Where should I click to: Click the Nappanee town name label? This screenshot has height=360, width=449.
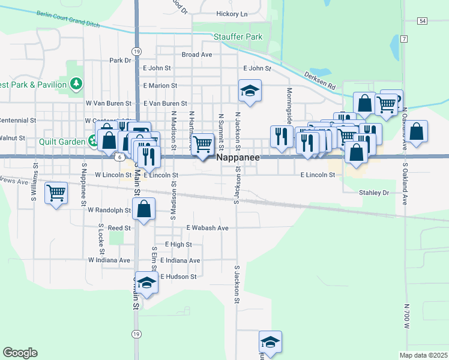(238, 157)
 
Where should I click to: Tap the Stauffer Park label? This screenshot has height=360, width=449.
(238, 37)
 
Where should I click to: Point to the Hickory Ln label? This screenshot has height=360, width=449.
(231, 14)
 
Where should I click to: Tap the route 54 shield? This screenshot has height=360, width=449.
(423, 21)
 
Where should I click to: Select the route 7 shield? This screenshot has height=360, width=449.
(405, 39)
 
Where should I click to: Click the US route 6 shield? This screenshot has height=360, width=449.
(120, 157)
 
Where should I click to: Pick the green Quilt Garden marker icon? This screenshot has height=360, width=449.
(93, 142)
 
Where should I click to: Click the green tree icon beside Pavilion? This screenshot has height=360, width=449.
(76, 85)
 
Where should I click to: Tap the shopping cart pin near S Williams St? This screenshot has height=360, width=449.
(56, 193)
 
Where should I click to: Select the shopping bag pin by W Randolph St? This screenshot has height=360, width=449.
(144, 209)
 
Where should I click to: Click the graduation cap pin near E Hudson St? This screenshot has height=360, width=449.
(146, 282)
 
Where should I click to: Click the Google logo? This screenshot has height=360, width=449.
(20, 353)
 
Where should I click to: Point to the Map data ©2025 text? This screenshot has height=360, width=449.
(423, 355)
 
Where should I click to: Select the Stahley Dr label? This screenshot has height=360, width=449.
(374, 193)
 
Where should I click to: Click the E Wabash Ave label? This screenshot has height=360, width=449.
(207, 228)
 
